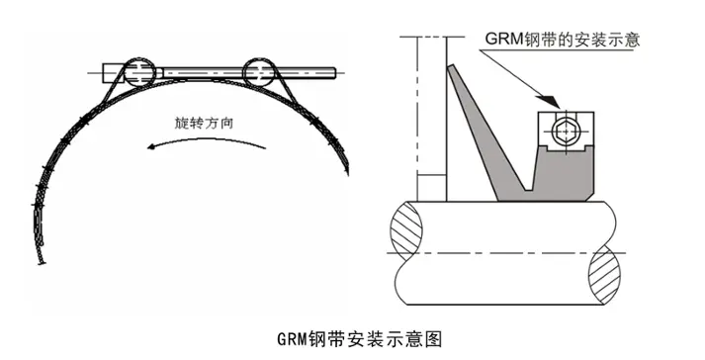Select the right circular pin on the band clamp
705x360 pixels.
coord(260,71)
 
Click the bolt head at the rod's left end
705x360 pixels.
coord(107,71)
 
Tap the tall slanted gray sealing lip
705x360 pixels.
coord(477,129)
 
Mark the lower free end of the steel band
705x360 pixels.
coord(42,261)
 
